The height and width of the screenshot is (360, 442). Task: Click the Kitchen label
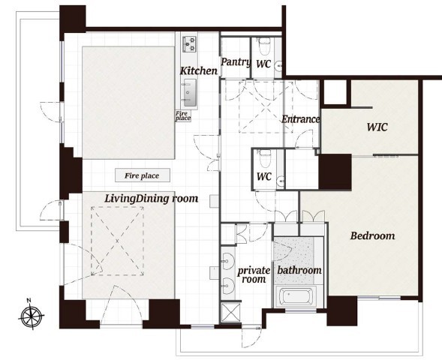[x=199, y=70]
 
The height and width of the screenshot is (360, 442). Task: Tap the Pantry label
[x=236, y=62]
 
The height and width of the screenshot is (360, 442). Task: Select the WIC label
[x=377, y=127]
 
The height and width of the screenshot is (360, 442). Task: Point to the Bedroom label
[x=372, y=235]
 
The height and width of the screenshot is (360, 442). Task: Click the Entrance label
[x=301, y=119]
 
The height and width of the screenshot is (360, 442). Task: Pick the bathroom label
[x=299, y=270]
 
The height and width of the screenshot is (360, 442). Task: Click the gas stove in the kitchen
[x=190, y=44]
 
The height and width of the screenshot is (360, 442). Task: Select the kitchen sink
[x=190, y=93]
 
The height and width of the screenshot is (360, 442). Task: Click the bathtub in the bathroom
[x=295, y=297]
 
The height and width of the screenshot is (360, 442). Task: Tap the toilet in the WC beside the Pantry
[x=264, y=46]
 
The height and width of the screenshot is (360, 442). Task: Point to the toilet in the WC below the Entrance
[x=265, y=158]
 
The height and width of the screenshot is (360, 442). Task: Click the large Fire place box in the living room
[x=143, y=175]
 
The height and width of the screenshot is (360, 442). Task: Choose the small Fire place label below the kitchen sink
[x=183, y=115]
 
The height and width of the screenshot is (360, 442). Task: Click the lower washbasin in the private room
[x=228, y=286]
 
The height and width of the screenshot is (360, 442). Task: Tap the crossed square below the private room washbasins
[x=231, y=312]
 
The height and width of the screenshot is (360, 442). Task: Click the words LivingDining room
[x=152, y=199]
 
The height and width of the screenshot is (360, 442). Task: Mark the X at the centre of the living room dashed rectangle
[x=117, y=241]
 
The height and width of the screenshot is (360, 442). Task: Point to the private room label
[x=254, y=275]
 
